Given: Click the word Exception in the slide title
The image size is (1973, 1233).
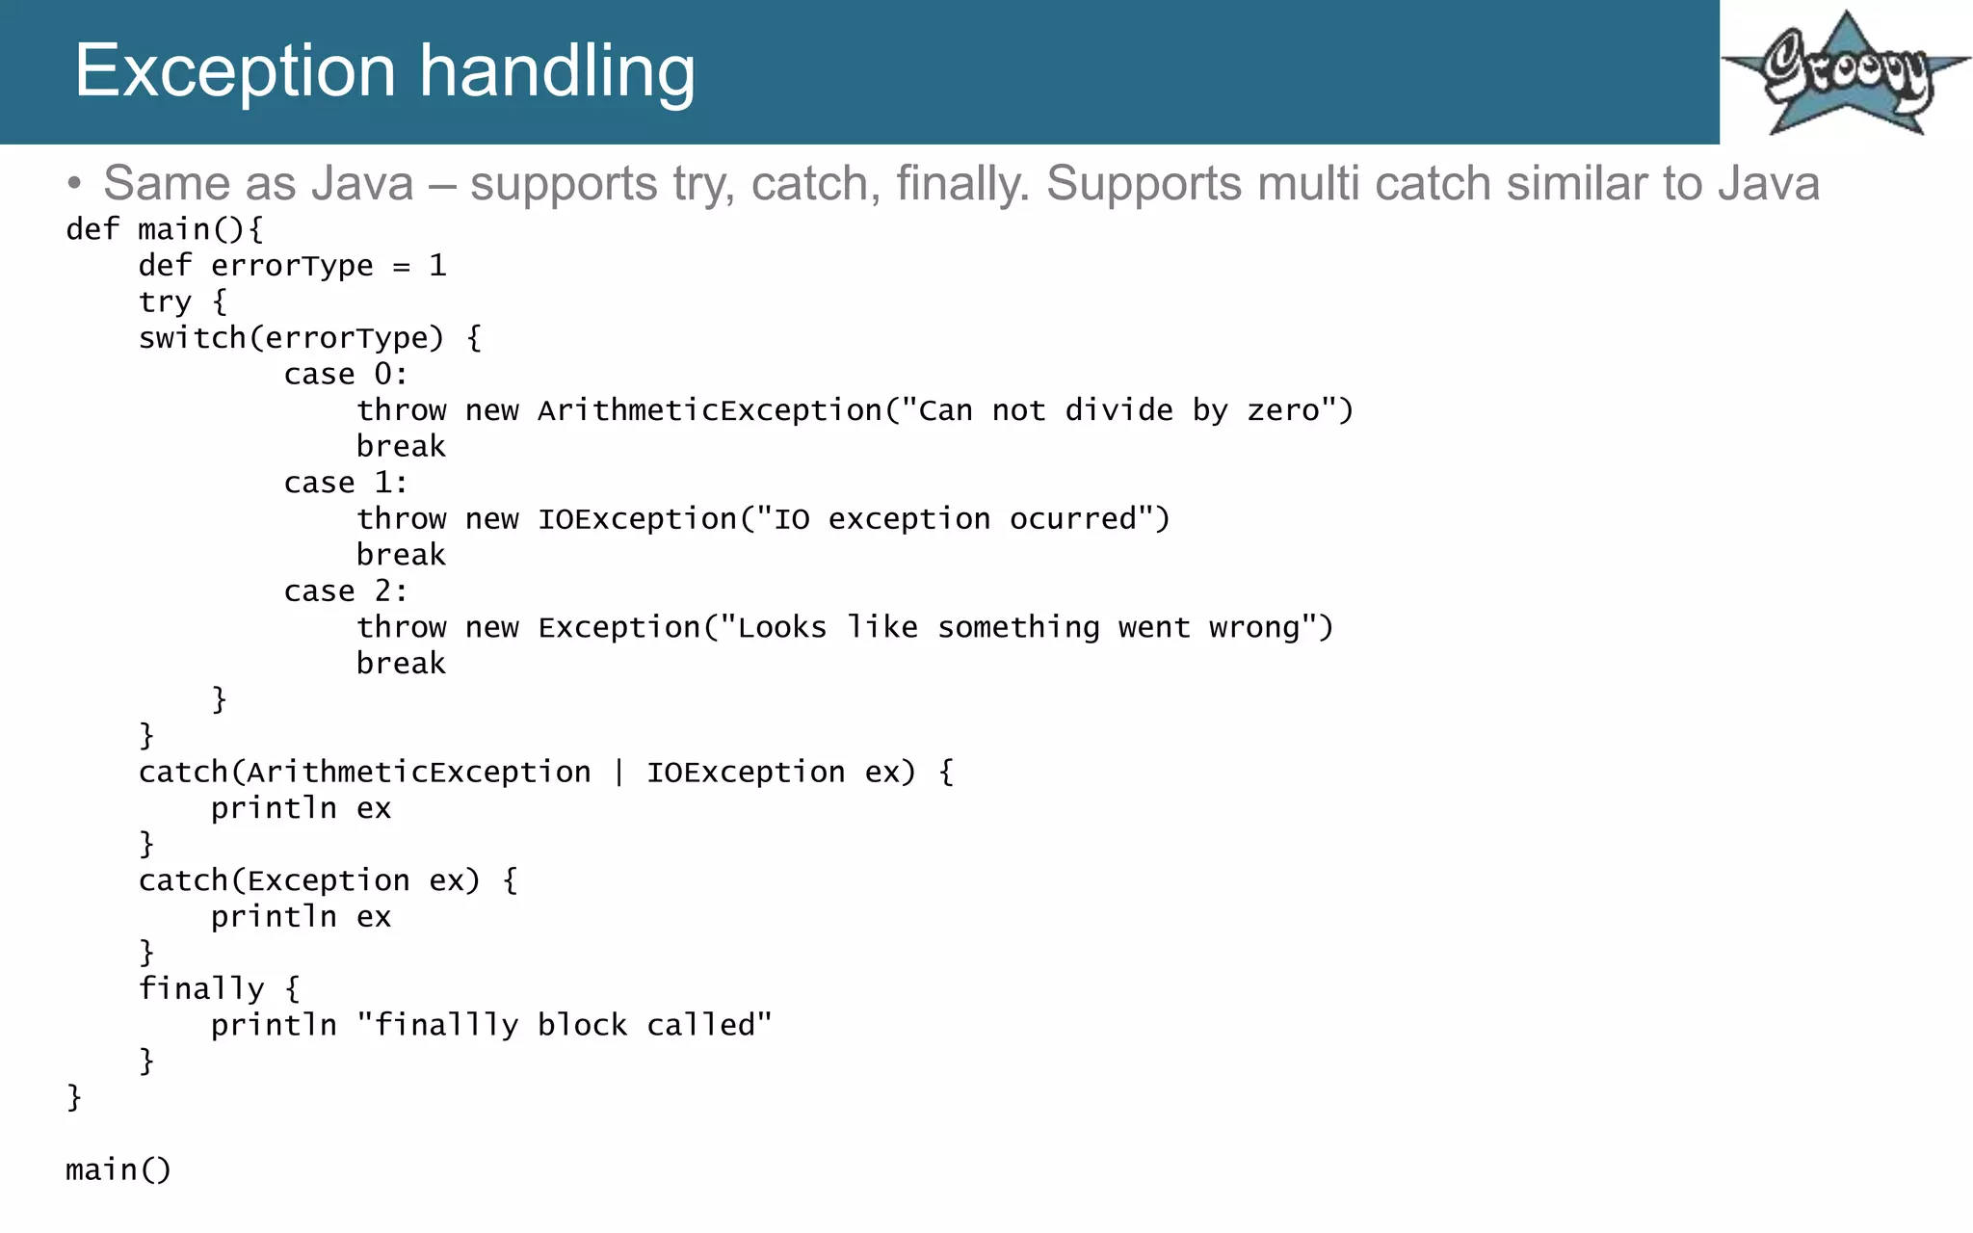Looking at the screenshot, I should click(x=235, y=71).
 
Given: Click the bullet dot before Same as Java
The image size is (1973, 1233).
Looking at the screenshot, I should click(x=75, y=184).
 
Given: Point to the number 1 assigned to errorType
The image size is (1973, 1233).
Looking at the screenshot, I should click(x=437, y=266).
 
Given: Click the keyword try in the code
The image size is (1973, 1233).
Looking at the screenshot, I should click(x=165, y=302).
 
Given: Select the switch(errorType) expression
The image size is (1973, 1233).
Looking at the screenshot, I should click(x=291, y=338).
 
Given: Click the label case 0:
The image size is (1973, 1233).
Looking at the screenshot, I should click(x=345, y=375).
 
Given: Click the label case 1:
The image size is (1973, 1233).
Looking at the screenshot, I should click(x=345, y=483).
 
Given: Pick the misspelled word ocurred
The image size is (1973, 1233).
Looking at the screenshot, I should click(x=1072, y=519).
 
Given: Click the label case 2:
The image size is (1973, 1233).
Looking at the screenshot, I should click(x=345, y=591).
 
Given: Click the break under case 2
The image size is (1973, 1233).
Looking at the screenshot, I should click(x=401, y=664).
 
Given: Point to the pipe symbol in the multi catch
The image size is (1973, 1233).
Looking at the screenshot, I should click(x=618, y=773).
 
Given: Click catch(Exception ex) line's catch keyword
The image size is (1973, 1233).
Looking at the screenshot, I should click(x=182, y=880).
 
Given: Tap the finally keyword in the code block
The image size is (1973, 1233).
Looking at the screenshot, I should click(x=200, y=989).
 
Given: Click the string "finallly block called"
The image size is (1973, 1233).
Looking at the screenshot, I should click(x=564, y=1025).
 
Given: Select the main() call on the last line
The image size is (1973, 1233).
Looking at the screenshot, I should click(x=118, y=1169).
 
